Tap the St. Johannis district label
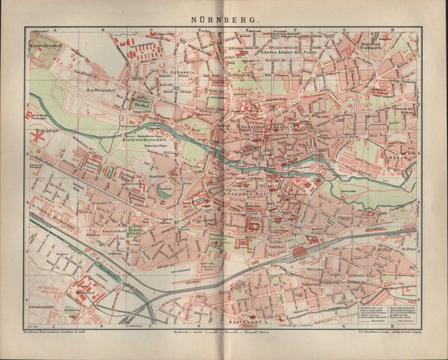coord(178,70)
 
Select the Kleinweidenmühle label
coord(153,139)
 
